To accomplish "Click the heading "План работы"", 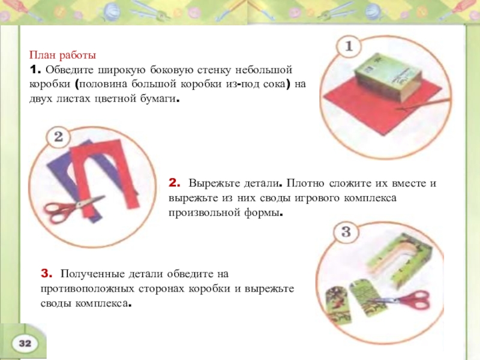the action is point(62,55).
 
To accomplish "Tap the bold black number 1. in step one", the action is point(35,70).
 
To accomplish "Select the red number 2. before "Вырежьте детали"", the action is point(174,183).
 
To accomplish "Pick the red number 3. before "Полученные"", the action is point(47,274).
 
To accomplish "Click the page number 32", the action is point(25,343).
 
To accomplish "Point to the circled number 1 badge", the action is point(349,46).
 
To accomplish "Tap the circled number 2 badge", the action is point(58,137).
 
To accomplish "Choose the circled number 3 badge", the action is point(346,232).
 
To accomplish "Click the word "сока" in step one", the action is point(277,84).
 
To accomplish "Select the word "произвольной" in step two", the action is point(205,213).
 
